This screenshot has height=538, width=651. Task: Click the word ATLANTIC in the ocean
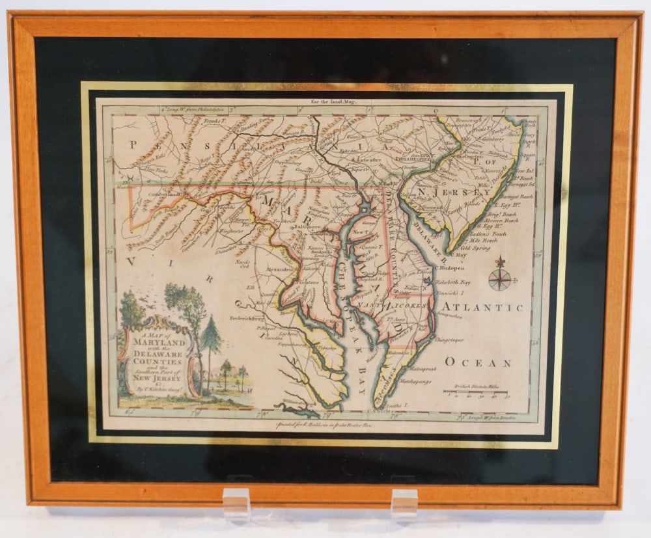coord(482,307)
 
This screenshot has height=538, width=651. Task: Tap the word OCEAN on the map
coord(478,362)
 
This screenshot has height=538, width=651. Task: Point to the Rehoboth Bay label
coord(465,282)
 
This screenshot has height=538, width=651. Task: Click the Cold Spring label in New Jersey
coord(475,248)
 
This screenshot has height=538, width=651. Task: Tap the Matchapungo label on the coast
coord(415,381)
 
